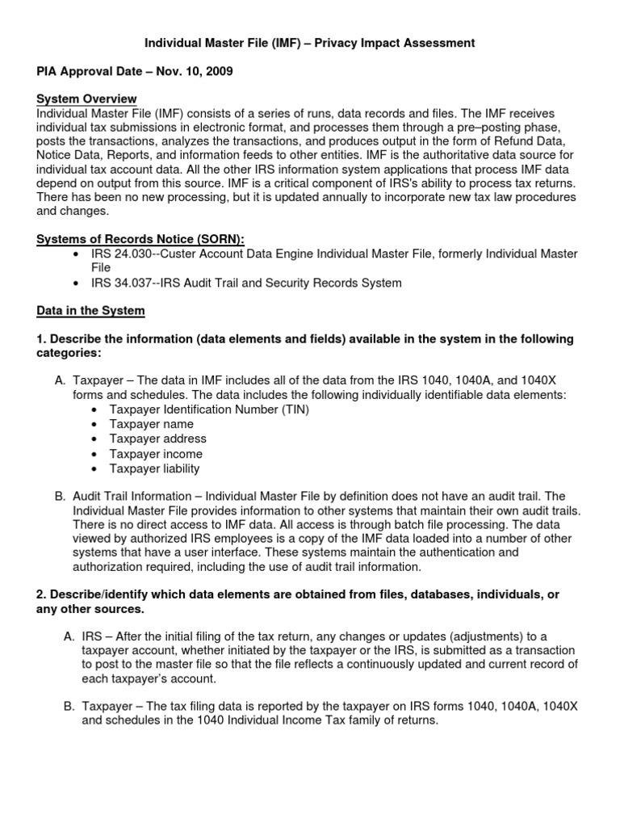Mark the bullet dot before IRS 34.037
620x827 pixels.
(75, 283)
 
